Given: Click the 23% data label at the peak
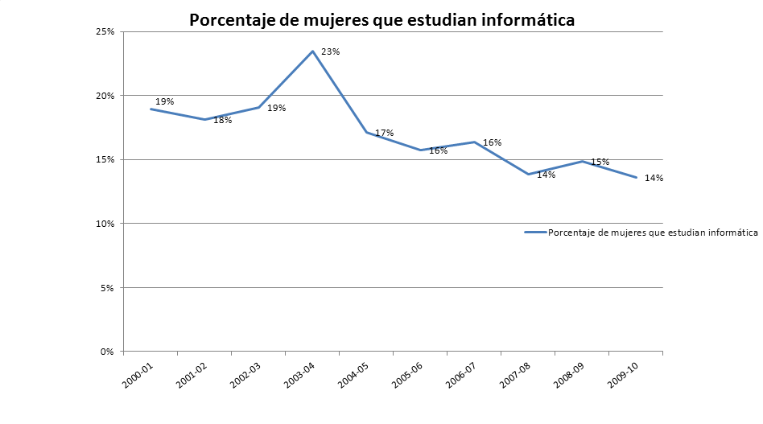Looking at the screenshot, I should pos(330,52).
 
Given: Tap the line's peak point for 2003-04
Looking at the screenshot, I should pos(312,51).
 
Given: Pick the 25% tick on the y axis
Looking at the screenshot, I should pos(105,31).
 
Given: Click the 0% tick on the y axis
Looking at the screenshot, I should pos(108,352).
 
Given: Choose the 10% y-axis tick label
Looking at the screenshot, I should pos(105,224).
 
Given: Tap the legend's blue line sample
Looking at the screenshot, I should pos(535,233).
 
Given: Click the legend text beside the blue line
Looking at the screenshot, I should pos(653,233).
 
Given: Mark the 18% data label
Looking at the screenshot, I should pos(222,121).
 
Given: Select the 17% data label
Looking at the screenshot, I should pos(384,133).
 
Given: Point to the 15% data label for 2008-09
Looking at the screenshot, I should pos(600,162).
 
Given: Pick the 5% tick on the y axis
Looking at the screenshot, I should pos(108,287).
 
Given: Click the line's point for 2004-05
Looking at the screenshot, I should pos(367,132).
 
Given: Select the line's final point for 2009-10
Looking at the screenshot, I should pos(637,178).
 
